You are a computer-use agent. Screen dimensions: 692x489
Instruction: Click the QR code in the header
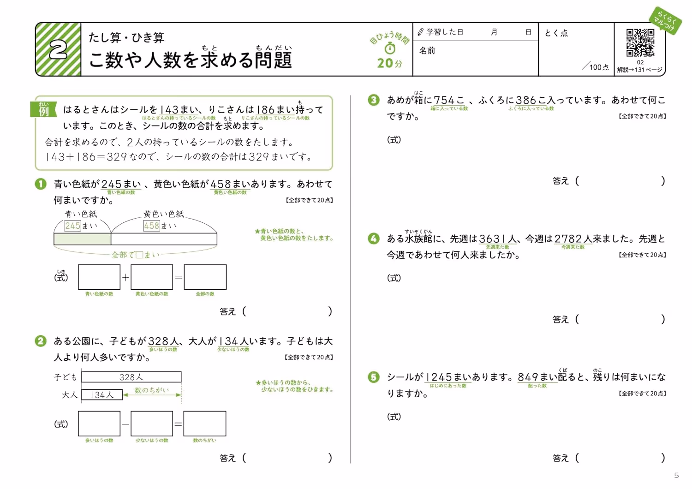point(640,42)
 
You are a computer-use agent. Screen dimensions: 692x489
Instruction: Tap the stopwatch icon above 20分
point(390,48)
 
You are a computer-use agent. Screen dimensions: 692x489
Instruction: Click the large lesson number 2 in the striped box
point(58,49)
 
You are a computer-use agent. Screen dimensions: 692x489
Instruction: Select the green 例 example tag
point(43,109)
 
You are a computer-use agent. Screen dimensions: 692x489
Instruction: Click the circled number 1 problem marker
point(41,184)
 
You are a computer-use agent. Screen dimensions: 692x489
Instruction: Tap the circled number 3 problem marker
point(374,100)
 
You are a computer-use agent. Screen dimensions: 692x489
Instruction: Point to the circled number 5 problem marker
point(374,377)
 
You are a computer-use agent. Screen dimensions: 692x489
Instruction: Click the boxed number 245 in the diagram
point(72,226)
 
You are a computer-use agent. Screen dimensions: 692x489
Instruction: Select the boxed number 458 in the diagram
point(151,226)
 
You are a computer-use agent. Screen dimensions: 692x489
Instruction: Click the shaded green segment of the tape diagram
point(83,239)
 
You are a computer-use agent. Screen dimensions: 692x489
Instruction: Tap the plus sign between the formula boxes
point(125,277)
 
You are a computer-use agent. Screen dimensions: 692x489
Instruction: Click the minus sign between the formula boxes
point(125,424)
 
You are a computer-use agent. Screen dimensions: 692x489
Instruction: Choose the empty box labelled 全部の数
point(205,277)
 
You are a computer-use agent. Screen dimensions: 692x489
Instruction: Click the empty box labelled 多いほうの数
point(99,423)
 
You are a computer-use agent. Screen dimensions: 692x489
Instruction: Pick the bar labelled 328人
point(131,377)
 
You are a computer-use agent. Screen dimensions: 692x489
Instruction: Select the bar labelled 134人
point(102,394)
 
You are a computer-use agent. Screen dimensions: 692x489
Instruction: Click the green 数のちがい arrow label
point(152,390)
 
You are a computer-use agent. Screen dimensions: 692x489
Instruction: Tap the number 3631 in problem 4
point(493,239)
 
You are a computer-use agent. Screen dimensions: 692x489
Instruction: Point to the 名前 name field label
point(427,51)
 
